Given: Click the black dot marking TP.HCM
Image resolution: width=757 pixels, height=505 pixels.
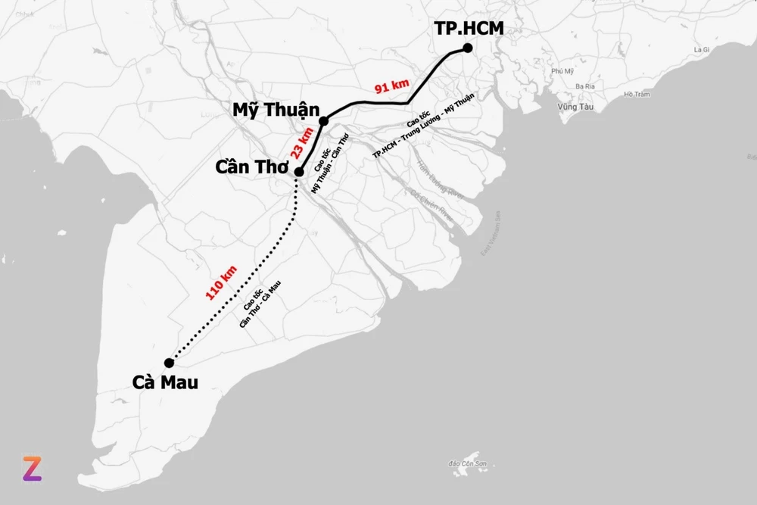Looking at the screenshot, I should pyautogui.click(x=468, y=48).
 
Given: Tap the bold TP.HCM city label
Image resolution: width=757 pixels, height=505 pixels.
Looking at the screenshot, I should pyautogui.click(x=469, y=29).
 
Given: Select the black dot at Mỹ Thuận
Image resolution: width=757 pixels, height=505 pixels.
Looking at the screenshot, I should pyautogui.click(x=324, y=121).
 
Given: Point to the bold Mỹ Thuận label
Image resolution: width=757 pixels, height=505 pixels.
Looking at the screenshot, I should pyautogui.click(x=276, y=110).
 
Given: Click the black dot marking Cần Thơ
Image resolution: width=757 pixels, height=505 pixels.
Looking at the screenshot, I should pyautogui.click(x=299, y=172).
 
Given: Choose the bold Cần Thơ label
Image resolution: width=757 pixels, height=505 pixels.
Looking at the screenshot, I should pyautogui.click(x=254, y=167).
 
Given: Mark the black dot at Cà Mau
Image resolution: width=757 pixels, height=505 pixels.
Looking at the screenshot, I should pyautogui.click(x=169, y=363).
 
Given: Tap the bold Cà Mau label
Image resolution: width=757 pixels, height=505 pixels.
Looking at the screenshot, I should pyautogui.click(x=165, y=382).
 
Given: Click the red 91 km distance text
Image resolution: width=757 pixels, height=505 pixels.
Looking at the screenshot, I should pyautogui.click(x=392, y=86).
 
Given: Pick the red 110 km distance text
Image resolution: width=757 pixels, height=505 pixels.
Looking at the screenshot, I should pyautogui.click(x=222, y=282).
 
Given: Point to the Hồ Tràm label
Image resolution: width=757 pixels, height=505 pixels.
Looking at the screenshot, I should pyautogui.click(x=637, y=95).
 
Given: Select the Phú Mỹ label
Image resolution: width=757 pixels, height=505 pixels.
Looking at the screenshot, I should pyautogui.click(x=563, y=71).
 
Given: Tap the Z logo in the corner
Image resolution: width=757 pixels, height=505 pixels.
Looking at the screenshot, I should pyautogui.click(x=31, y=469).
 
